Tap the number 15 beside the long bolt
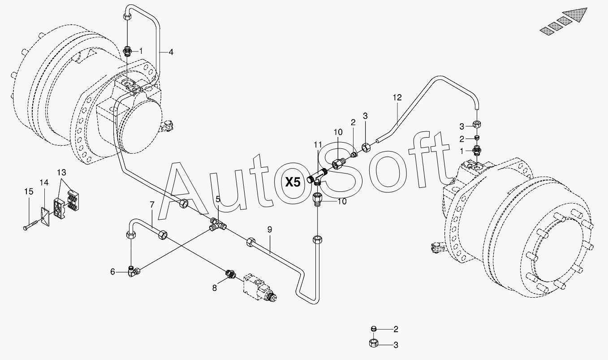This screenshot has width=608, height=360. coord(29,191)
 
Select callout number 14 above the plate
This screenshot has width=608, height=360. coord(43,182)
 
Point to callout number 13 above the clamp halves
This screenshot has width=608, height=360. coord(61,173)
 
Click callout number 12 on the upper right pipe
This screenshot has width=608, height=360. coord(397,97)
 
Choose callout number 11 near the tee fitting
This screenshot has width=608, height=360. coord(318,144)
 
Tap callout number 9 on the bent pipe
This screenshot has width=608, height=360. coord(270,229)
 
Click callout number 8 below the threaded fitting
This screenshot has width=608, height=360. coord(215,288)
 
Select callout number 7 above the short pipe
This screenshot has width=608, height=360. coord(152,204)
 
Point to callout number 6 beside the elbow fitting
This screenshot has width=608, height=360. coord(113,271)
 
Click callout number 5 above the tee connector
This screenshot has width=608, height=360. coord(217,199)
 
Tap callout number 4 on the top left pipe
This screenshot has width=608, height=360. coord(171,52)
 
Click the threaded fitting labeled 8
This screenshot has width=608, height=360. coord(230,274)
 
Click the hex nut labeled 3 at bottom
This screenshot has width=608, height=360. coord(373,344)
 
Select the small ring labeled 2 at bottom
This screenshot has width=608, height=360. coord(373,329)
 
